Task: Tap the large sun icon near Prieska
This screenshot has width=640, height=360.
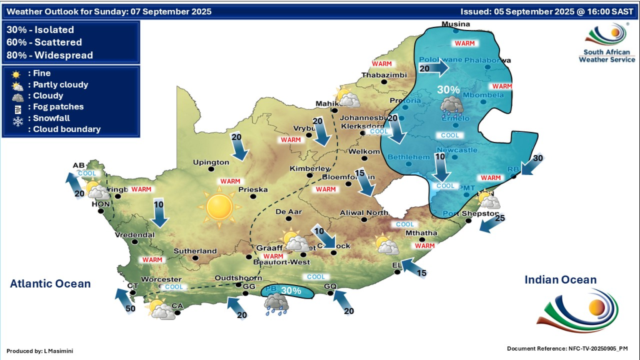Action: point(219,207)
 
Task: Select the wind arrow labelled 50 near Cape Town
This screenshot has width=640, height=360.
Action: point(124,299)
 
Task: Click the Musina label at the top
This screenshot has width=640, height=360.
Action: point(455,24)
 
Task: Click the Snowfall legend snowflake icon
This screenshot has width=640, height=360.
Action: point(17,118)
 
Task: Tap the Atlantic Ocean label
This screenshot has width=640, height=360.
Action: point(50,284)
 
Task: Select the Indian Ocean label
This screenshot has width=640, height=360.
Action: point(560,280)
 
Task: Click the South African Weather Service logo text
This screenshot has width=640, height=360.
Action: point(606,56)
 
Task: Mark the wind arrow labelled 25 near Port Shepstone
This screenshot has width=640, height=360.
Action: point(491,224)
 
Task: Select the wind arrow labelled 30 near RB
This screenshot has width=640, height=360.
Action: point(531,164)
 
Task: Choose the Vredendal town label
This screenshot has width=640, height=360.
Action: point(134,234)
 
